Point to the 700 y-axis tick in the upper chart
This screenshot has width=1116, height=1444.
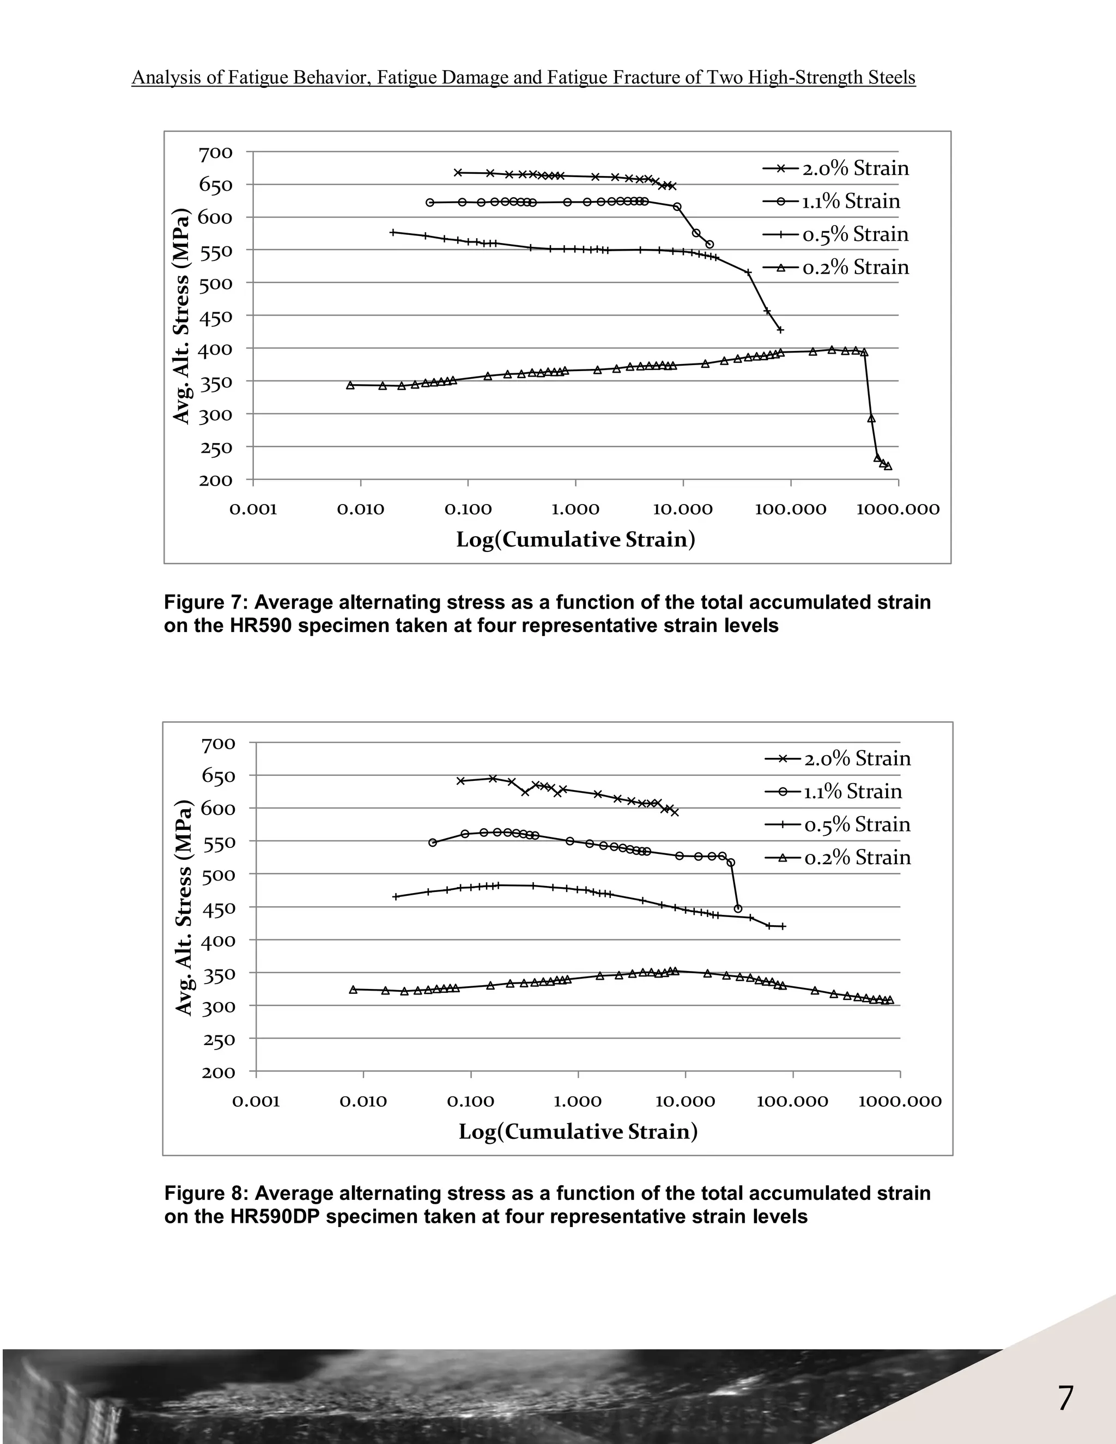(x=216, y=154)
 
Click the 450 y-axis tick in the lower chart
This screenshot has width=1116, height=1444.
(x=217, y=908)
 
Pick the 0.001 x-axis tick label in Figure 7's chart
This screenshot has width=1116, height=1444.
(x=253, y=510)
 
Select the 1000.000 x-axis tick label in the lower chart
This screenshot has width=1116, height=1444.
(x=900, y=1101)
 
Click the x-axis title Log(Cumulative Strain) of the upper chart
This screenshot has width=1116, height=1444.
(x=575, y=540)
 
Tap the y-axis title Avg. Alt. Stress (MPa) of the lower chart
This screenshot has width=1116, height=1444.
(x=183, y=907)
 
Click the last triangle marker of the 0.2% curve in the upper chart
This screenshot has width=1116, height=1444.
(x=888, y=466)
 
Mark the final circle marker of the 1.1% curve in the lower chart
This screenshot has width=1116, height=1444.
(x=738, y=909)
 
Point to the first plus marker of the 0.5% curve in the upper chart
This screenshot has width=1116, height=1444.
(x=393, y=232)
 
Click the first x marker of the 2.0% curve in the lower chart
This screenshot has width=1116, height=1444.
(x=461, y=781)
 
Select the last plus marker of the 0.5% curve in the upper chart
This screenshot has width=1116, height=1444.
(x=780, y=329)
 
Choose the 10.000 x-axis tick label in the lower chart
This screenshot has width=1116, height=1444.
(x=685, y=1101)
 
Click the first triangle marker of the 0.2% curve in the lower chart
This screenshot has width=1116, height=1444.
(x=353, y=990)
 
